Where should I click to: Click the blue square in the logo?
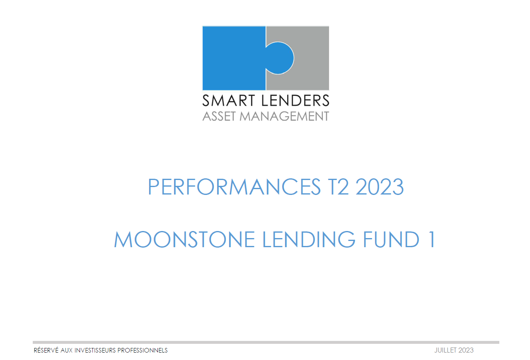[234, 58]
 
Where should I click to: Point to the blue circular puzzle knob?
[279, 58]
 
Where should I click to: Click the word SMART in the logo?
[229, 100]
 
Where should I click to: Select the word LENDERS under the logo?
[295, 100]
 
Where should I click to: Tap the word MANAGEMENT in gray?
[284, 116]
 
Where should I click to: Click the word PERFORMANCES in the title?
[235, 187]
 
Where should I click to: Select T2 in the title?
[339, 187]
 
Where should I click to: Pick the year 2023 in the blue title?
[380, 187]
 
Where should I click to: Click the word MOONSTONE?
[184, 239]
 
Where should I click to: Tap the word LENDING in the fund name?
[309, 239]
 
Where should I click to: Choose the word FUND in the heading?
[391, 239]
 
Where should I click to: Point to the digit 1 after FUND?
[432, 239]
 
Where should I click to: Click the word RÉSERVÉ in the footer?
[46, 350]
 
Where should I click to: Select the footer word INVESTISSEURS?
[95, 350]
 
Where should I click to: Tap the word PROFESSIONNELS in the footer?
[143, 350]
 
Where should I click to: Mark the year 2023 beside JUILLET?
[466, 350]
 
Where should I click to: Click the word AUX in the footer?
[66, 350]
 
